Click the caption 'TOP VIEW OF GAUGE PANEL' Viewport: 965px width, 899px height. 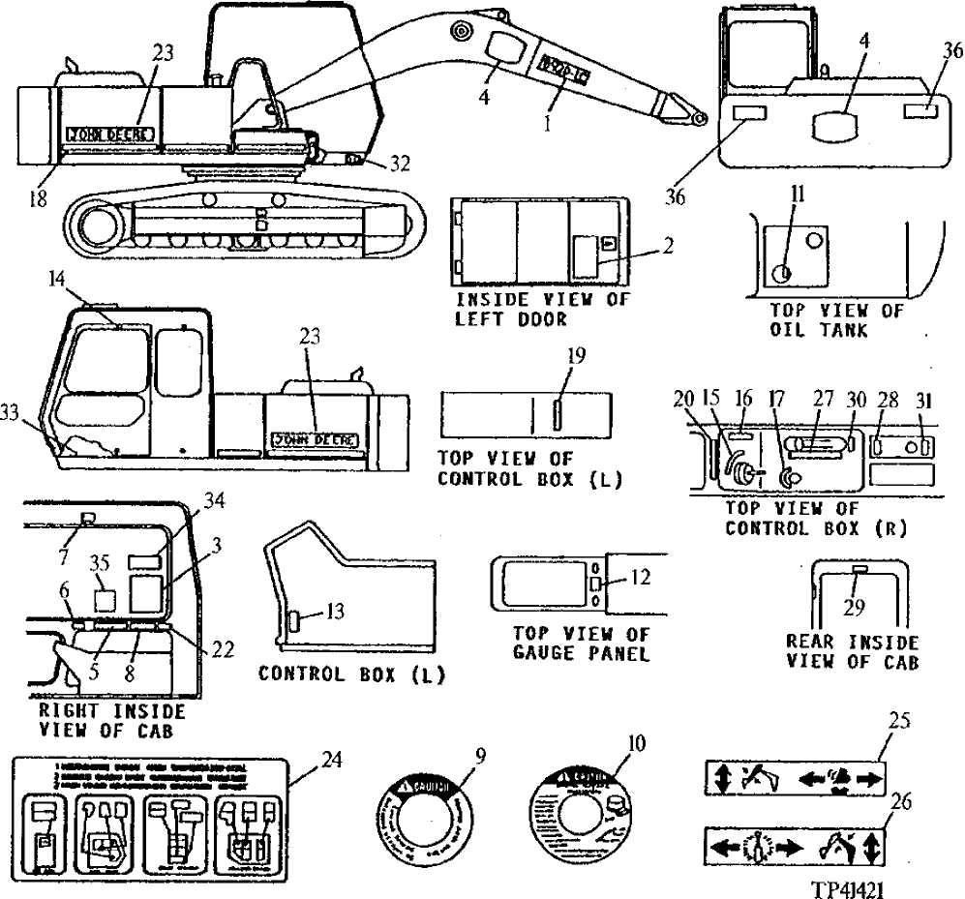pyautogui.click(x=570, y=644)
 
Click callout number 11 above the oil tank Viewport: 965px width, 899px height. pyautogui.click(x=795, y=194)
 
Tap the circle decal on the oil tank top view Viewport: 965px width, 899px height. pyautogui.click(x=781, y=273)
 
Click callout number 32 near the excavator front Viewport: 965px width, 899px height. pyautogui.click(x=399, y=164)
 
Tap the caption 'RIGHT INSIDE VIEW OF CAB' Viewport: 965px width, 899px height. pyautogui.click(x=110, y=721)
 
